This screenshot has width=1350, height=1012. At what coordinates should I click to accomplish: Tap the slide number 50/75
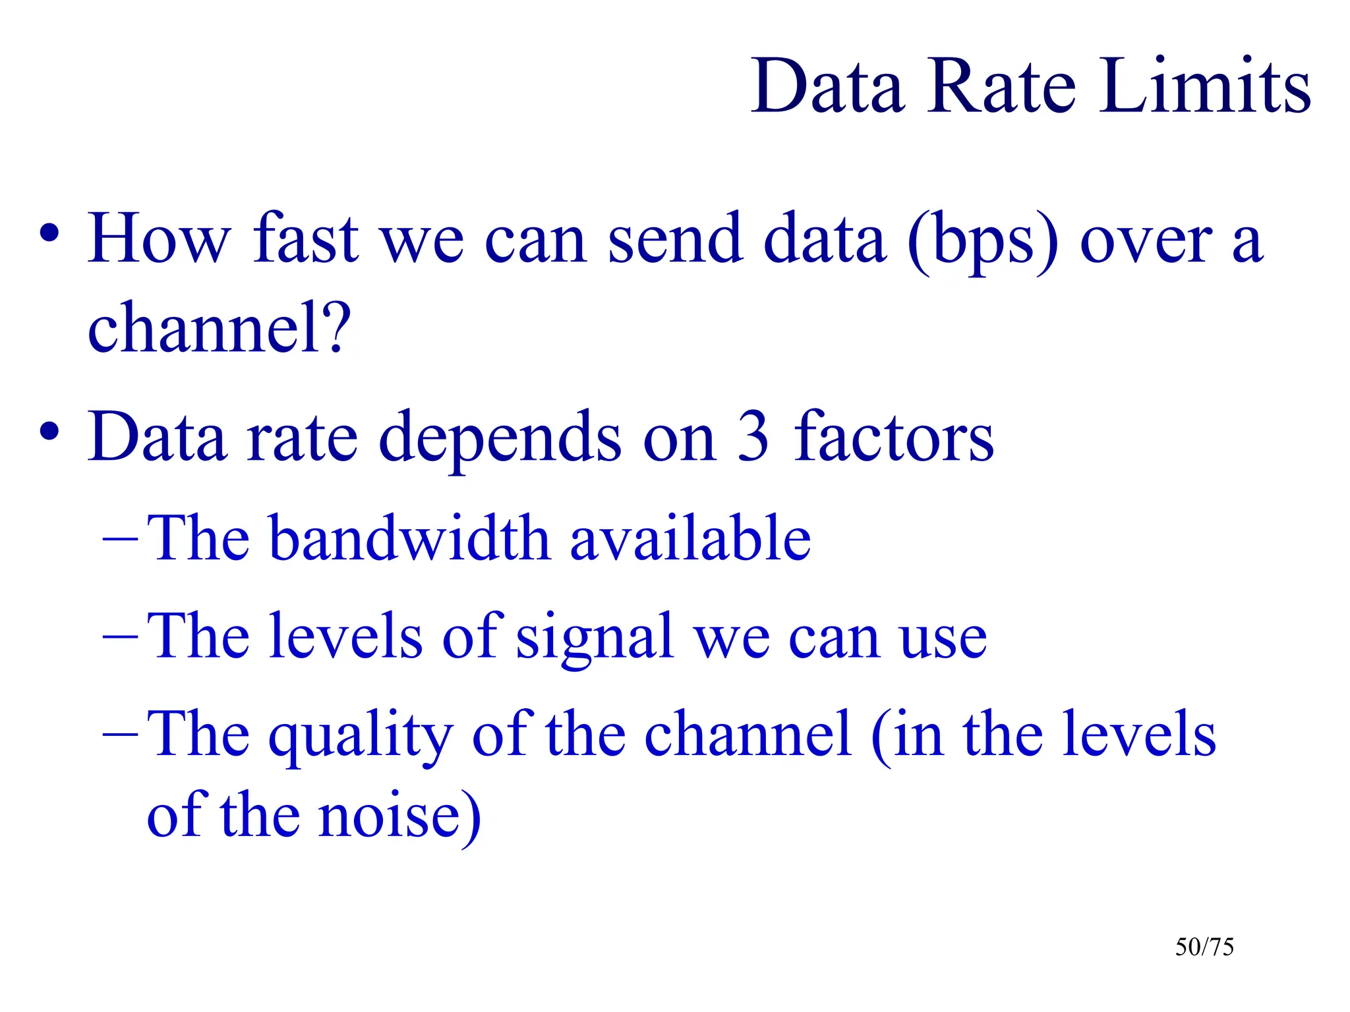1204,947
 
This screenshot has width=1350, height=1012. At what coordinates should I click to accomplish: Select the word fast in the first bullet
306,239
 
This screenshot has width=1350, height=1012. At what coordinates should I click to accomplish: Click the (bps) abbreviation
982,241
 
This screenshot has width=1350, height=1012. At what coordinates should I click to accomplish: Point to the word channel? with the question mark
219,327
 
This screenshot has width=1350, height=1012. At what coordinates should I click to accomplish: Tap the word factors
894,436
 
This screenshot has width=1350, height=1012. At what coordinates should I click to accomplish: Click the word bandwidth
409,538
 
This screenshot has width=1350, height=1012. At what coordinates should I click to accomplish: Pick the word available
690,538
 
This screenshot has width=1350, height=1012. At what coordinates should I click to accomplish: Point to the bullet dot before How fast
49,233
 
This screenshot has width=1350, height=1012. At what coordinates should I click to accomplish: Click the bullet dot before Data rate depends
49,432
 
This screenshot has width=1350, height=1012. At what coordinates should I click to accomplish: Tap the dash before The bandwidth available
121,539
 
